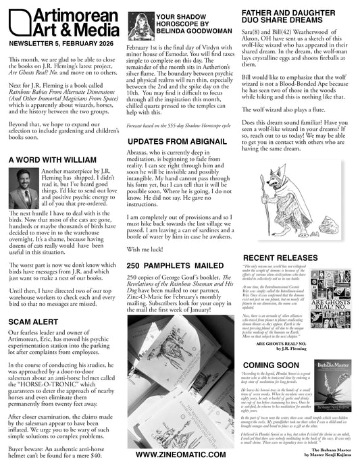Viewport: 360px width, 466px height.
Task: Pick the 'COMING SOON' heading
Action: pyautogui.click(x=271, y=365)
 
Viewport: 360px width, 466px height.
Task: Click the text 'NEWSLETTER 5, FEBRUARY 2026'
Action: pyautogui.click(x=59, y=43)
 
